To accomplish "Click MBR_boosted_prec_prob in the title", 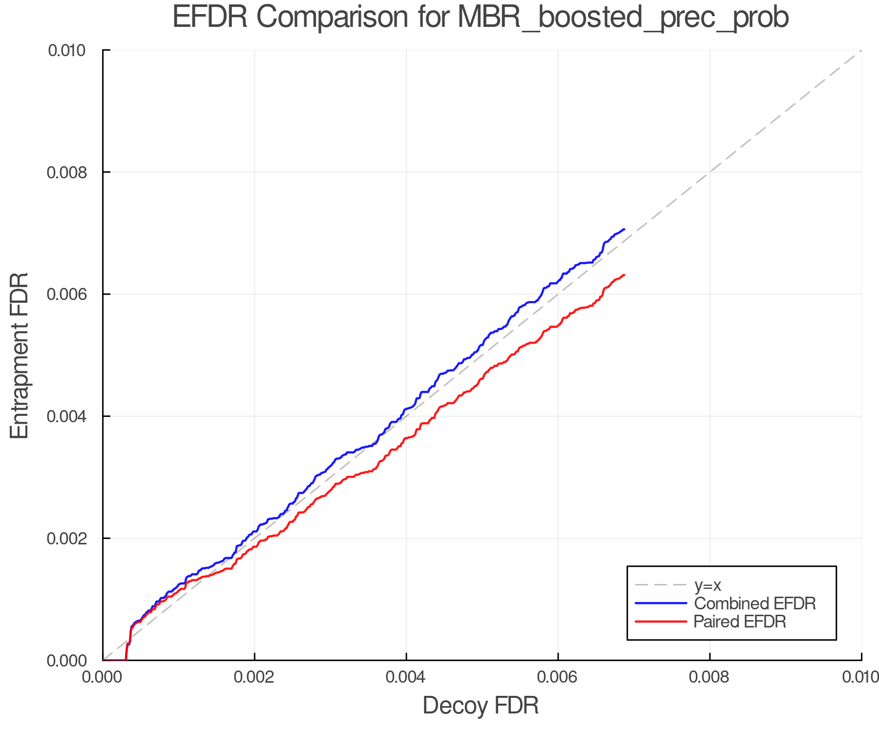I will tap(623, 18).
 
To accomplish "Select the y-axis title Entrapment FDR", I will tap(20, 355).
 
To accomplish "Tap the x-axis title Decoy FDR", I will tap(481, 706).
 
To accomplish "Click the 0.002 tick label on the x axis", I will tap(254, 677).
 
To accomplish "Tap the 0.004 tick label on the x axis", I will tap(406, 677).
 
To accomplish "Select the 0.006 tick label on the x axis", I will tap(558, 677).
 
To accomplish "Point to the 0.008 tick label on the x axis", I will tap(710, 677).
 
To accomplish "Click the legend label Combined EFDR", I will tap(755, 604).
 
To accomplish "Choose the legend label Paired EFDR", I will tap(740, 622).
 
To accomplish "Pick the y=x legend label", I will tap(708, 585).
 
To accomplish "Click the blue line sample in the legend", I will tap(661, 604).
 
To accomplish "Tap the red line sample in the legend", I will tap(661, 622).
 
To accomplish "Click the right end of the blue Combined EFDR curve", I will tap(624, 229).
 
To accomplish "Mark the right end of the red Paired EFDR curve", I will tap(624, 275).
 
